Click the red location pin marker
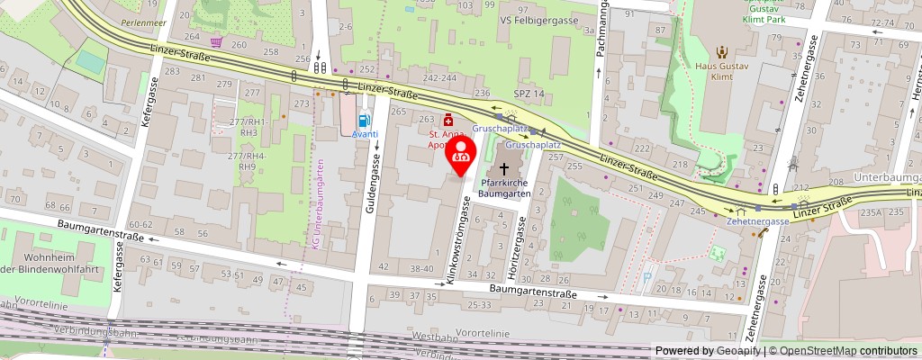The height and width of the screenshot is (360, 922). click(462, 151)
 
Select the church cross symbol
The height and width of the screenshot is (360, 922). click(502, 167)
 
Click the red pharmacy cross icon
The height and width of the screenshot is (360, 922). click(448, 120)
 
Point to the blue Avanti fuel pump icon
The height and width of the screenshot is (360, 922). click(364, 120)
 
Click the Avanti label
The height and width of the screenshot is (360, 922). click(364, 134)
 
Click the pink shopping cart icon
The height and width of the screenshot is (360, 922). click(216, 42)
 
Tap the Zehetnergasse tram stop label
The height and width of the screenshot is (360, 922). click(760, 221)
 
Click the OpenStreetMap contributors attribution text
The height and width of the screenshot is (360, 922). click(843, 351)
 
